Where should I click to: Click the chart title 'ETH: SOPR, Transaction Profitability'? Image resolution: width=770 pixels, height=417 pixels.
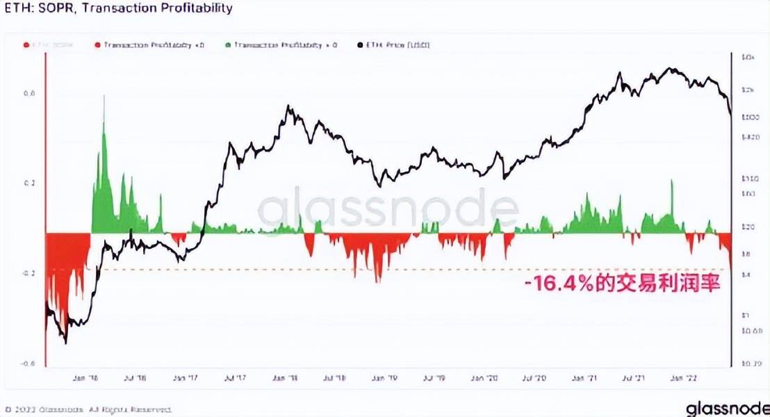119,9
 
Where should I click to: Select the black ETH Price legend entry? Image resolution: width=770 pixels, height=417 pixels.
393,45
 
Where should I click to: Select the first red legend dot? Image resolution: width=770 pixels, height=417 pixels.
26,45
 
